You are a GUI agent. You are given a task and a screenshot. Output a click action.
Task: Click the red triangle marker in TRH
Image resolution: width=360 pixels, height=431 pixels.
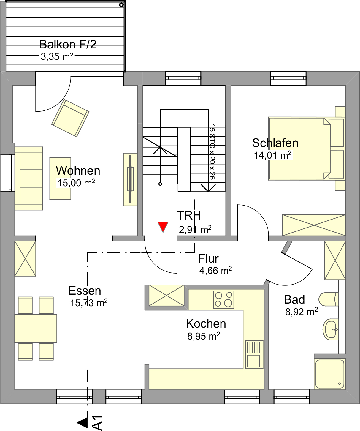click(x=163, y=227)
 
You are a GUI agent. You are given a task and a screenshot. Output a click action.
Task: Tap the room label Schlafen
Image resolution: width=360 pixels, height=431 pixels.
click(x=275, y=143)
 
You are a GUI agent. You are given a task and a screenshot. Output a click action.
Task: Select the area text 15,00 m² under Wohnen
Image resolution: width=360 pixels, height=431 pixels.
click(x=76, y=183)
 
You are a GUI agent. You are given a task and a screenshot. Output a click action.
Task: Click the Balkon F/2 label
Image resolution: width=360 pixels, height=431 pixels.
click(x=68, y=44)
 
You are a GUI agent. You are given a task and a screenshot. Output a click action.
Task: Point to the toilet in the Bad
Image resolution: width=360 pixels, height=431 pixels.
click(x=329, y=299)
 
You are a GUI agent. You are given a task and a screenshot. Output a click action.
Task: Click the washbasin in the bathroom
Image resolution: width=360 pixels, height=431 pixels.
click(x=331, y=329)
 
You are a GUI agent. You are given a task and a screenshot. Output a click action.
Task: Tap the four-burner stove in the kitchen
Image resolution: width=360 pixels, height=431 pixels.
click(x=224, y=299)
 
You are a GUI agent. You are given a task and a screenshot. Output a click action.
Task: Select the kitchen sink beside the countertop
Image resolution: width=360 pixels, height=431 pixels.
click(x=254, y=354)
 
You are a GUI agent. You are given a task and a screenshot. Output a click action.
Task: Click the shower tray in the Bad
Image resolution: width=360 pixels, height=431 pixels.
click(x=330, y=374)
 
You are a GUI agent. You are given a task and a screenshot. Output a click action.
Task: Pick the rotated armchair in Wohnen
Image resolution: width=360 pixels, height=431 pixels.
click(x=70, y=118)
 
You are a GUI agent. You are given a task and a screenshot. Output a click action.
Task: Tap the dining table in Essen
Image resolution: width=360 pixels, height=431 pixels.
click(x=36, y=329)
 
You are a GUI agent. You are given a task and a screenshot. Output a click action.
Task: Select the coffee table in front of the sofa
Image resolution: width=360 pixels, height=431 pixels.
click(x=60, y=179)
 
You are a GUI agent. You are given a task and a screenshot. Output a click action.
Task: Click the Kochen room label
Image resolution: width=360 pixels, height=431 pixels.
click(x=206, y=324)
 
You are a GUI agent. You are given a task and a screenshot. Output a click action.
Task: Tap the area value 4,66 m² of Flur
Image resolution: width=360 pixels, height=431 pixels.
click(x=215, y=270)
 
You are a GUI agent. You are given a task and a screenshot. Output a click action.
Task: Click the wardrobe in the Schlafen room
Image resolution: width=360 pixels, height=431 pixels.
click(x=314, y=225)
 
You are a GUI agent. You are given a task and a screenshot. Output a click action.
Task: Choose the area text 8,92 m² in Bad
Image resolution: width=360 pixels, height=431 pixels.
click(x=302, y=312)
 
